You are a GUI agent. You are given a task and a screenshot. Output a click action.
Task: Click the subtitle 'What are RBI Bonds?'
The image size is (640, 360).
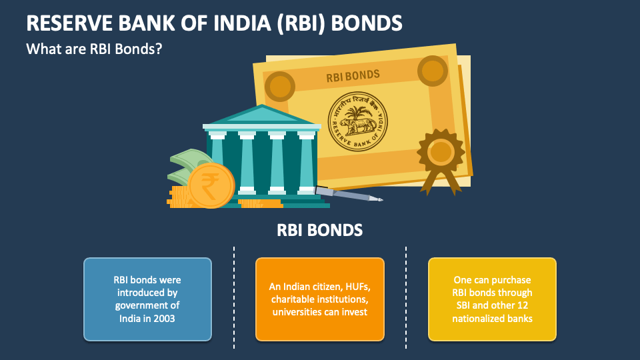point(95,49)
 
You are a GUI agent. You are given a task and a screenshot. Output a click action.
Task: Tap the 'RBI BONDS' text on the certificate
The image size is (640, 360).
point(353,75)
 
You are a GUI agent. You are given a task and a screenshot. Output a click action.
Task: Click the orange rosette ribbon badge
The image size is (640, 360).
point(440,154)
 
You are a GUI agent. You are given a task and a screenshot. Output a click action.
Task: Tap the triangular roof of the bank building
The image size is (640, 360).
point(261,115)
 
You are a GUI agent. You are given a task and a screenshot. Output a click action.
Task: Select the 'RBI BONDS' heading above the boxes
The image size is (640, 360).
point(320,231)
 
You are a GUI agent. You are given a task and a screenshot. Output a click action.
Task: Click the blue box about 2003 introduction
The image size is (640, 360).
point(147,299)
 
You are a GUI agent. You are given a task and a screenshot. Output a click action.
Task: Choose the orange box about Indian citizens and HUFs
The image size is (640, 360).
point(319,299)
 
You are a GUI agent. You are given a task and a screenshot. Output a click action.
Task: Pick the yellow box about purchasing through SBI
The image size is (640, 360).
point(492,299)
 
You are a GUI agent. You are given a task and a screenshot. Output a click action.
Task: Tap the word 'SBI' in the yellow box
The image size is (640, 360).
point(459,305)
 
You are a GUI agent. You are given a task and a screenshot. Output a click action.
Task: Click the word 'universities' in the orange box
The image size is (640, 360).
point(298,311)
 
